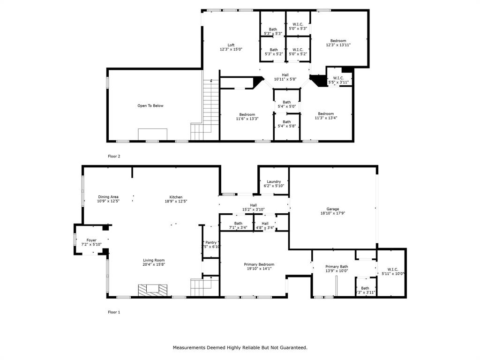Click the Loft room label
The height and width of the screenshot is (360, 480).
(x=231, y=45)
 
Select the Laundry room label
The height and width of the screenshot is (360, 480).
(x=274, y=182)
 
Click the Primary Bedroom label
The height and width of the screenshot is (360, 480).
(x=260, y=264)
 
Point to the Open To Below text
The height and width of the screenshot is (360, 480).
(x=150, y=106)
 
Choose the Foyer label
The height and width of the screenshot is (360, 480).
(x=91, y=240)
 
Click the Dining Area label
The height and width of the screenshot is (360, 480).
(x=108, y=197)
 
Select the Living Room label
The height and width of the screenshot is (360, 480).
(x=154, y=260)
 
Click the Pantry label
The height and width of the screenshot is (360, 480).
(x=211, y=242)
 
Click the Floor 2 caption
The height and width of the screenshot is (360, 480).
(x=114, y=156)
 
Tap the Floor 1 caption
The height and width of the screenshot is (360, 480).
(x=114, y=312)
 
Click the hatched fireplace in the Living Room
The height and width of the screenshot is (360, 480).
(x=152, y=290)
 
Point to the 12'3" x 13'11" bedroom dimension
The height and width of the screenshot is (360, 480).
(x=338, y=45)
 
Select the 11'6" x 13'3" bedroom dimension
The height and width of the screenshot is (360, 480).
(x=247, y=119)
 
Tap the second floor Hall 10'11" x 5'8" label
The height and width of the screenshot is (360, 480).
(x=285, y=79)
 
